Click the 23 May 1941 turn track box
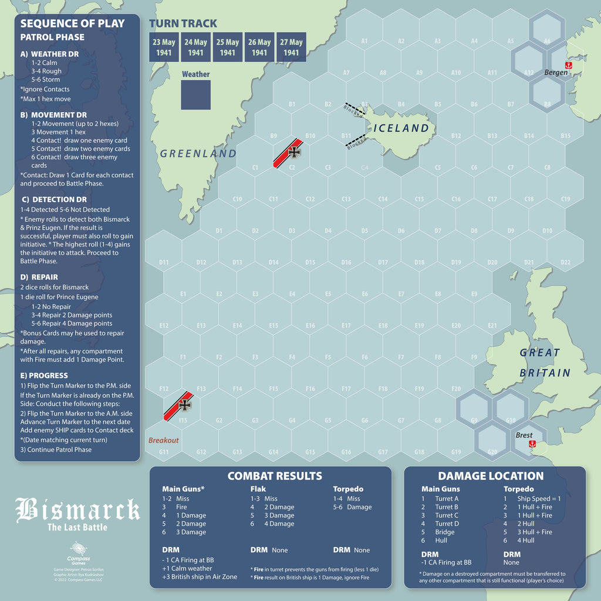point(164,47)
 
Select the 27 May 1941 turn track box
point(291,47)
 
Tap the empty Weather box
point(195,94)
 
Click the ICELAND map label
point(401,128)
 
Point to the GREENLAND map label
point(198,154)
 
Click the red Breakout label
point(163,440)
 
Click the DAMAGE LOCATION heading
point(491,476)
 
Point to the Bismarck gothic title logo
point(77,510)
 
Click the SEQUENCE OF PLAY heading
point(73,23)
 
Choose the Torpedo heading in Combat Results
point(348,489)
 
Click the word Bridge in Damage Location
point(444,532)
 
